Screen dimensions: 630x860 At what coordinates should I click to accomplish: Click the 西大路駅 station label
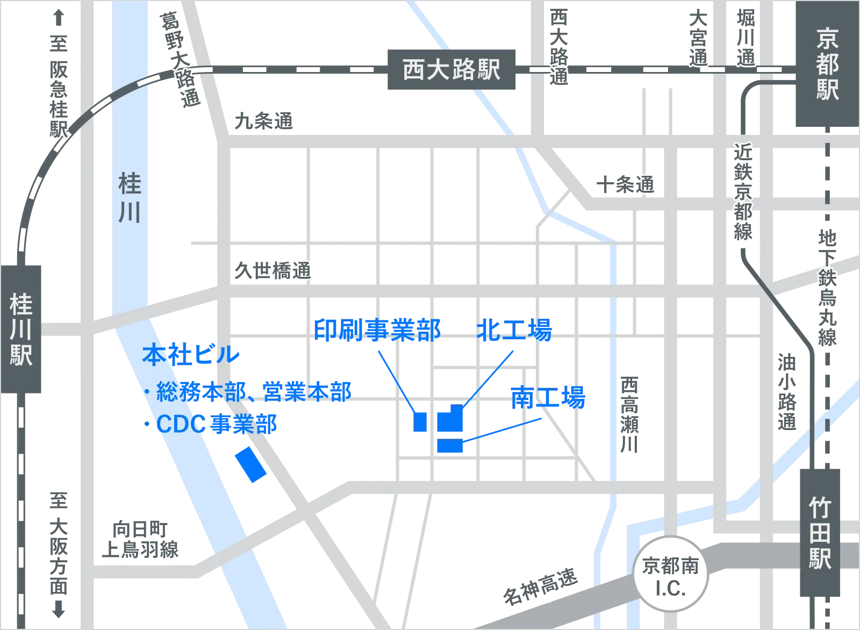pos(451,69)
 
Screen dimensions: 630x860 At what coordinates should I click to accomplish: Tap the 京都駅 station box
pos(827,65)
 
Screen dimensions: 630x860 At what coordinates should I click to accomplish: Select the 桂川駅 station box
pos(21,328)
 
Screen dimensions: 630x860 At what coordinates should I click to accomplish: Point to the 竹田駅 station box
pos(820,533)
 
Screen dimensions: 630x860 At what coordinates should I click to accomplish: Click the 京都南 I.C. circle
pos(670,577)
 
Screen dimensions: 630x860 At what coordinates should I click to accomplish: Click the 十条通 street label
pos(625,184)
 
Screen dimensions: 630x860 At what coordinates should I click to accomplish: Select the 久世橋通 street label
pos(272,270)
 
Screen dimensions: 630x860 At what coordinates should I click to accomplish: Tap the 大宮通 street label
pos(698,39)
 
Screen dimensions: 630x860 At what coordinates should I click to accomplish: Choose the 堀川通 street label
pos(746,39)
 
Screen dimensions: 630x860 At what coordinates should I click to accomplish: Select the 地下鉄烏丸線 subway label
pos(827,288)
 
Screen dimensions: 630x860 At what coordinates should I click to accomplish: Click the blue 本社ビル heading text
pos(191,355)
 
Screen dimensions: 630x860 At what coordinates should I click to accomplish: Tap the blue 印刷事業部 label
pos(377,330)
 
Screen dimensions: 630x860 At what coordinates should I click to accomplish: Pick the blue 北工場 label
pos(514,330)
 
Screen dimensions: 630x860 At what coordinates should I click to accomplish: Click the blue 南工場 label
pos(548,398)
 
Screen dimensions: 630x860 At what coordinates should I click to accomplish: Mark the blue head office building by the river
pos(251,464)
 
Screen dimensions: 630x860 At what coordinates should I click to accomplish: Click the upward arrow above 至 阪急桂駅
pos(58,19)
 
